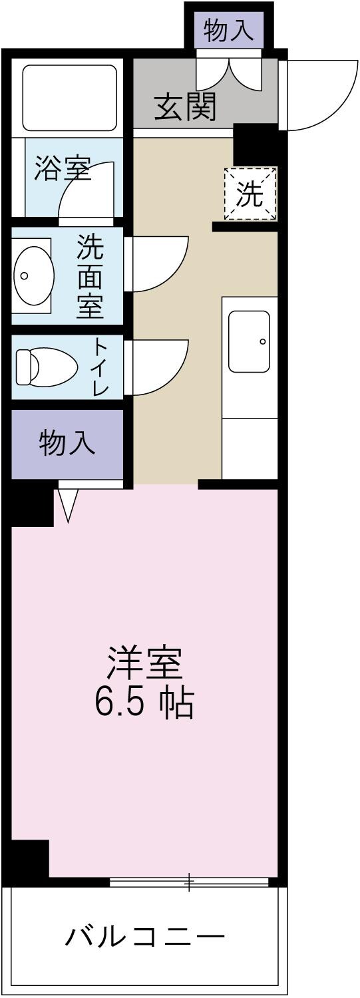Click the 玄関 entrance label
point(186,106)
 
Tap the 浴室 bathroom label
point(63,169)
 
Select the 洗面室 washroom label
point(90,277)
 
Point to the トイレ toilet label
point(99,367)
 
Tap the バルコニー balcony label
point(145,937)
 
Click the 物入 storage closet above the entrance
point(228,31)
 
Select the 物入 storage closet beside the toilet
point(67,443)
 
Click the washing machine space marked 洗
point(250,194)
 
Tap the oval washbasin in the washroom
point(33,275)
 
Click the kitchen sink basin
point(249,341)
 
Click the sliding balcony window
point(189,882)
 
